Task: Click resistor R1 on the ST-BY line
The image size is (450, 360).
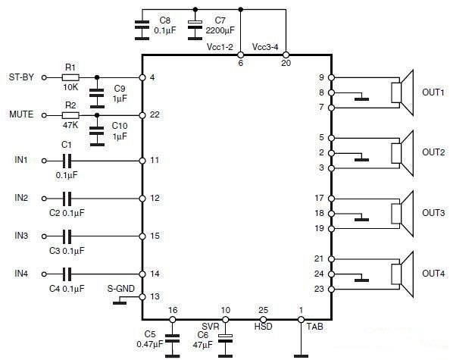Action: (70, 77)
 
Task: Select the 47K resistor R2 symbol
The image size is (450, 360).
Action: (70, 115)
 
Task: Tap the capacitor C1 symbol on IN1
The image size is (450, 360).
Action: (67, 161)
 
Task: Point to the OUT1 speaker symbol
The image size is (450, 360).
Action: (402, 92)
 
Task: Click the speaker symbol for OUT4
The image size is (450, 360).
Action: (402, 274)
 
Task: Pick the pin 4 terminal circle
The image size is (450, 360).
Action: (142, 77)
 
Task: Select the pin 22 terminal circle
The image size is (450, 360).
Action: (142, 115)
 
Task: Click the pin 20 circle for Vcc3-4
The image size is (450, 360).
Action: (286, 55)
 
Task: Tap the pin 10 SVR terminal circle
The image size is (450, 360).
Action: (226, 319)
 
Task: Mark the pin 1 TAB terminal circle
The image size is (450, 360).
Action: (301, 319)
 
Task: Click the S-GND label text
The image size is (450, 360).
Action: (120, 289)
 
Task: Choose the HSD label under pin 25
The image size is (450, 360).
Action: (263, 327)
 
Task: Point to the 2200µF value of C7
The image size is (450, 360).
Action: (220, 30)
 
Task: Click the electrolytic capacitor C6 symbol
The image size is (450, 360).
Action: (226, 338)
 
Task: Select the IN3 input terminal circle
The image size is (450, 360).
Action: (44, 236)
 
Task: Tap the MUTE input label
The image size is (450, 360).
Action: (21, 114)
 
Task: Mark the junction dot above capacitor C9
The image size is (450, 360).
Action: (97, 77)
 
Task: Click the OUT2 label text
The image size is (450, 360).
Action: (433, 152)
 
